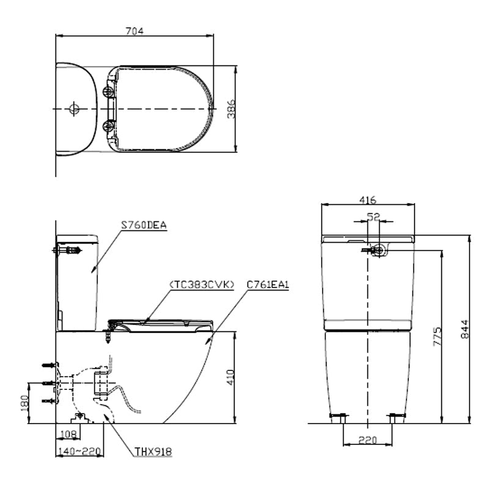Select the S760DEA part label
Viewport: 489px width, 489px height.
pos(144,225)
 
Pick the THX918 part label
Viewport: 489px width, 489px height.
pos(153,452)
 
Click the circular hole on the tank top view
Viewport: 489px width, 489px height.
pos(74,109)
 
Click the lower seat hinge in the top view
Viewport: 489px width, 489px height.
pos(109,126)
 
